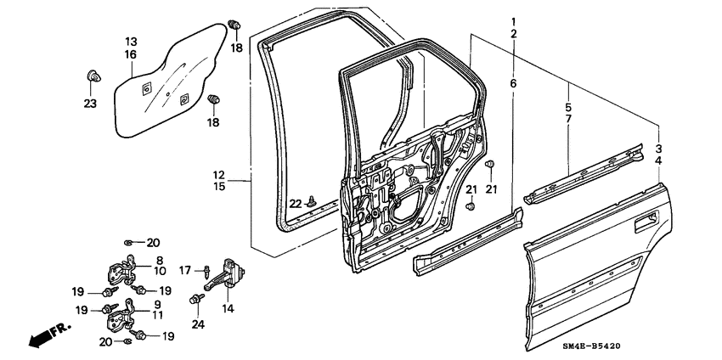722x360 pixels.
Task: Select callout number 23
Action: coord(90,104)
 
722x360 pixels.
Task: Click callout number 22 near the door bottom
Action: coord(295,203)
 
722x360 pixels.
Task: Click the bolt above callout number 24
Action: coord(198,299)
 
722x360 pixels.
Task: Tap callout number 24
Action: coord(198,323)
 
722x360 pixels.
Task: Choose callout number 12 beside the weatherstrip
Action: coord(219,174)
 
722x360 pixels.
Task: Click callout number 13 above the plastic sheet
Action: coord(132,42)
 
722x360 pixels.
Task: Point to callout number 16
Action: coord(132,53)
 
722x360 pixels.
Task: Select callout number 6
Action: coord(513,83)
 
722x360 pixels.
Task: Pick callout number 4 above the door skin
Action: coord(659,160)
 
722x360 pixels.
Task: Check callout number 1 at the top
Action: coord(513,20)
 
